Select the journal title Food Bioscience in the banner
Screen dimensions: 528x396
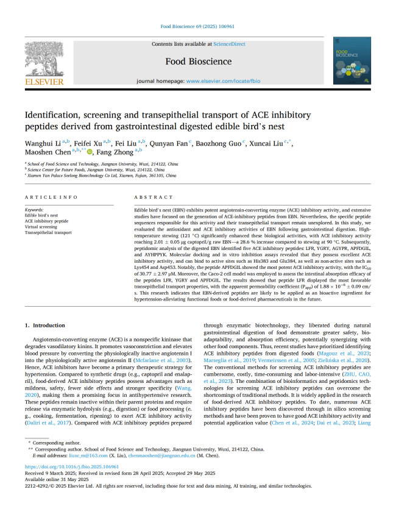pos(199,61)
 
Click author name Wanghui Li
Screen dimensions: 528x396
pos(43,143)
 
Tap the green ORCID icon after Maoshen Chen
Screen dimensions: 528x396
pos(90,152)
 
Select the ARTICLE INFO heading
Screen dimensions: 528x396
pos(51,198)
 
